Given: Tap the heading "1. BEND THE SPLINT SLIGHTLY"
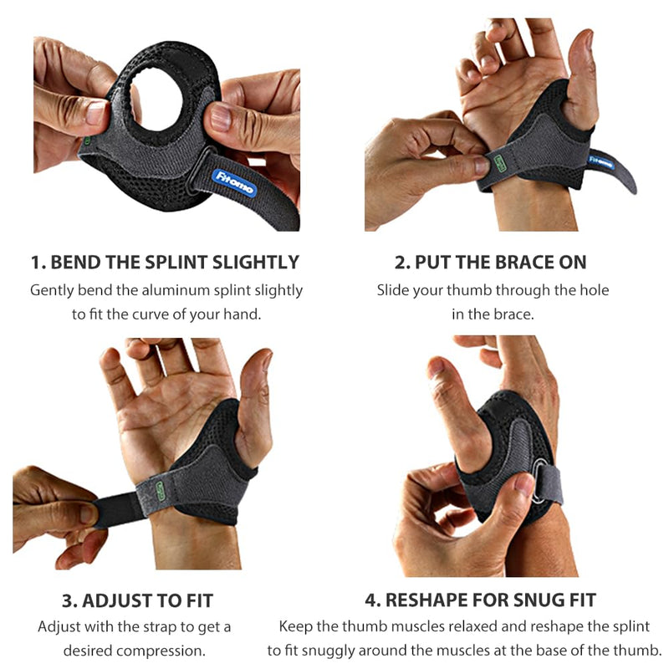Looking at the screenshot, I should (x=165, y=262).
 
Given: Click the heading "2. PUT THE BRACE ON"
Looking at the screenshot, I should (x=491, y=262).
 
